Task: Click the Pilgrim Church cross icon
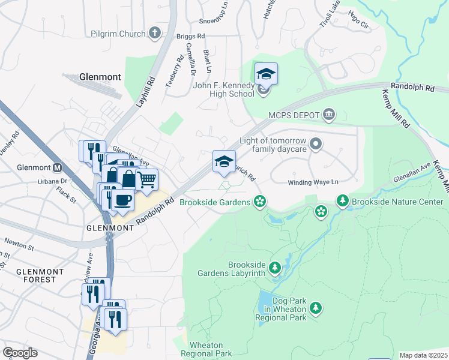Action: tap(155, 33)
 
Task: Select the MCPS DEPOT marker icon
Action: tap(329, 114)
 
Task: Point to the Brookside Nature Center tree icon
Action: tap(343, 200)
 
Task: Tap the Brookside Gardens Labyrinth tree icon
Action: tap(275, 268)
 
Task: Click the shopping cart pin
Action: tap(147, 178)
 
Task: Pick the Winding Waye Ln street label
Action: tap(313, 182)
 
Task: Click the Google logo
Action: tap(20, 353)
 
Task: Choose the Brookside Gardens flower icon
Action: tap(260, 201)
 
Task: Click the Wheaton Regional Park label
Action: tap(210, 349)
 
